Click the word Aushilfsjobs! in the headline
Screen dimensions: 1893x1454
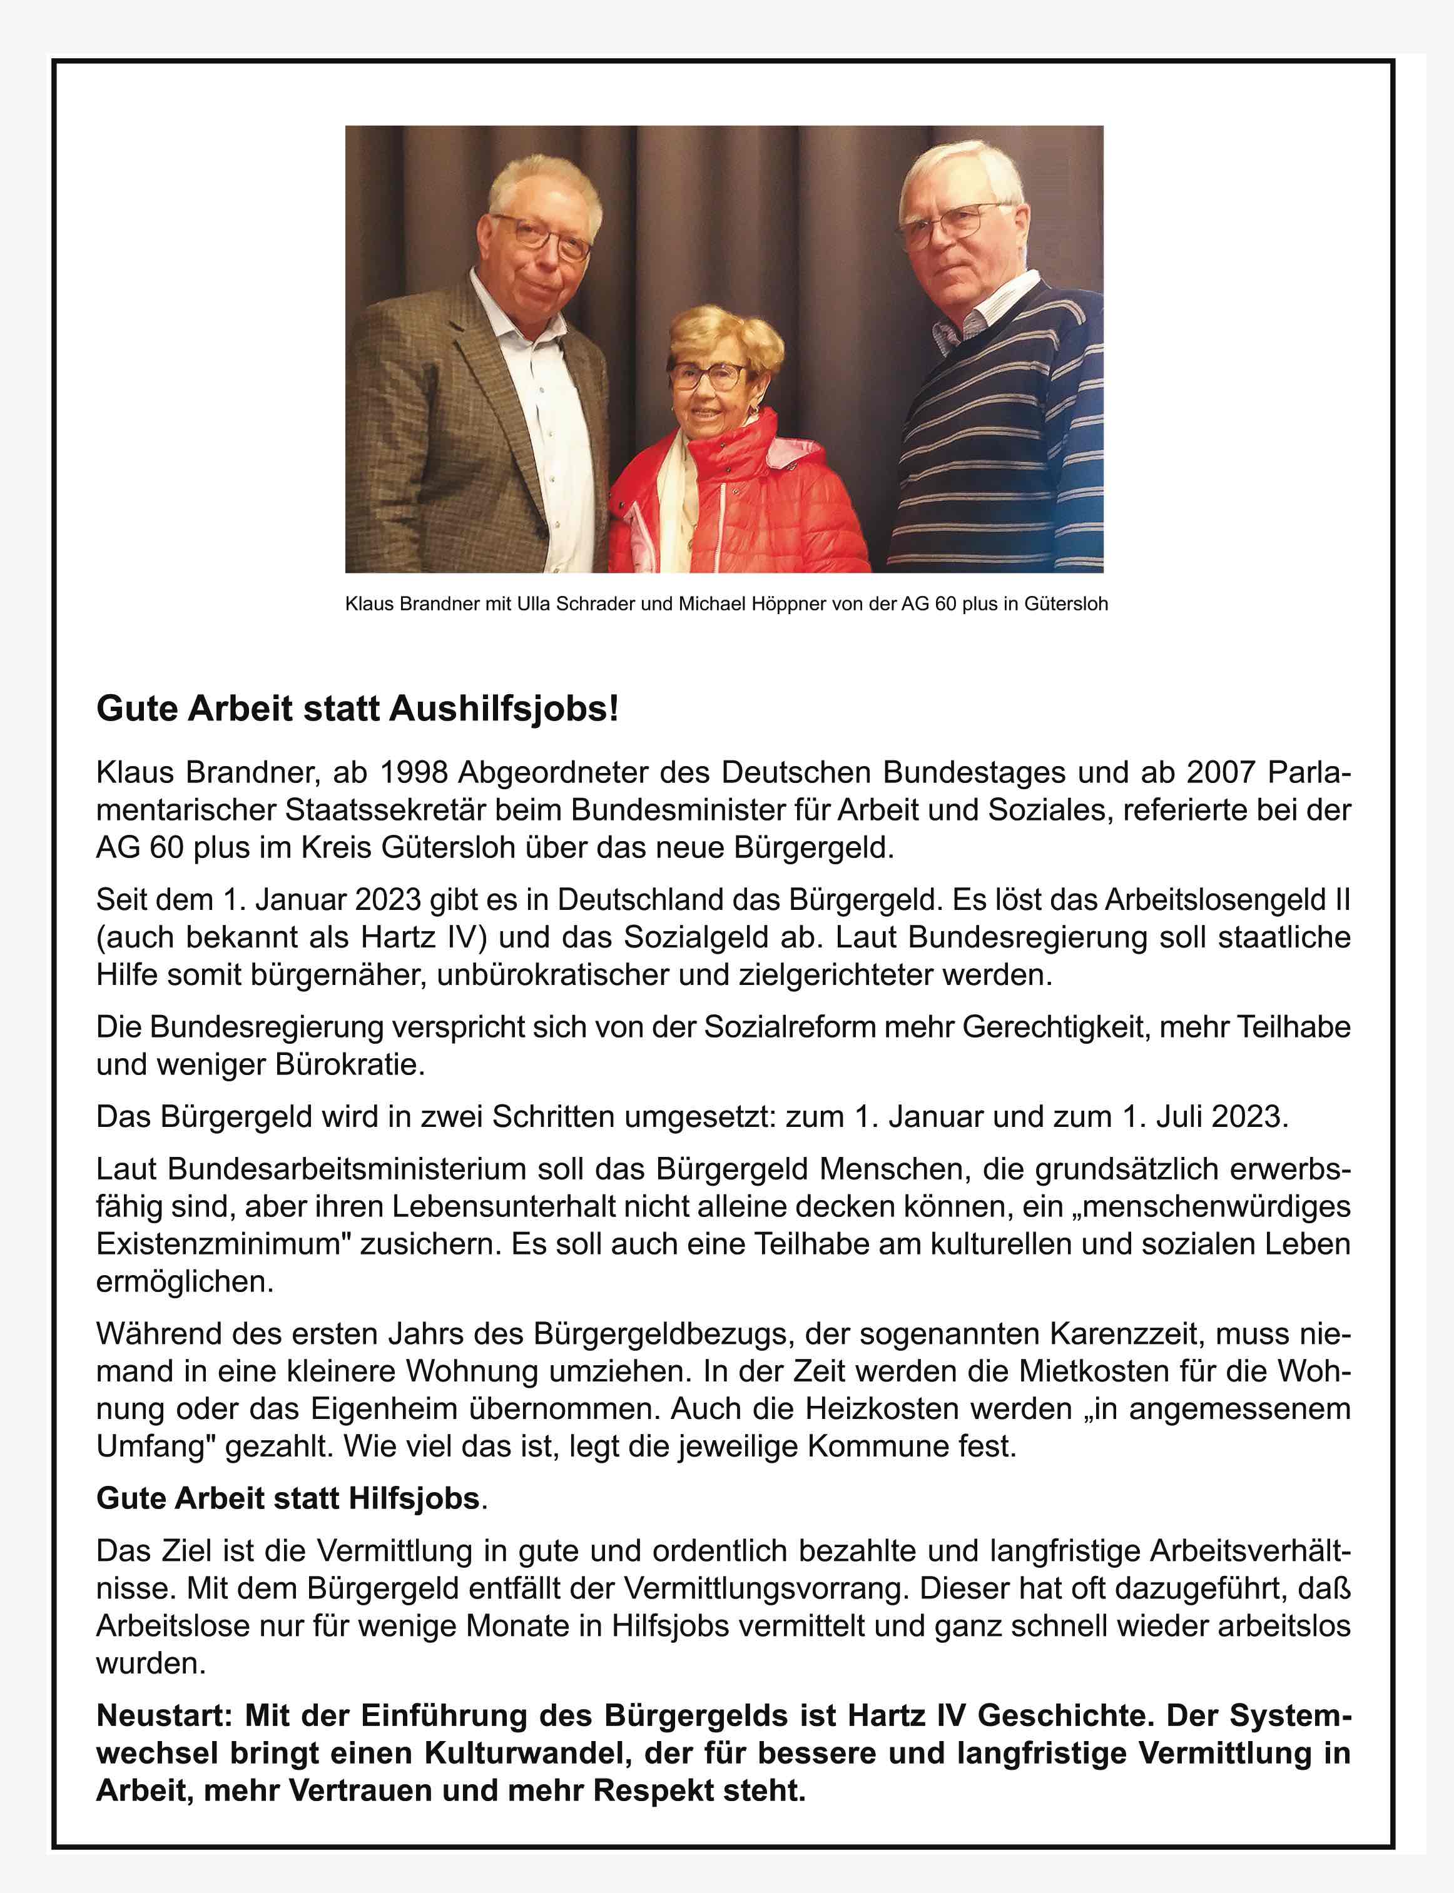click(504, 709)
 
